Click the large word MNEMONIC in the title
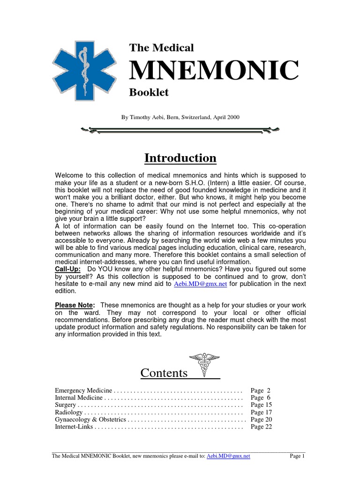click(214, 70)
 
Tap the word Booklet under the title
click(149, 92)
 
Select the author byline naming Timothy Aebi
click(180, 117)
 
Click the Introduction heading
click(180, 158)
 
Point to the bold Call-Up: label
click(68, 269)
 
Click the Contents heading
click(164, 373)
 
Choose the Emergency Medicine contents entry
click(83, 390)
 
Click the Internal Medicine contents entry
click(79, 397)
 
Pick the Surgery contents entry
click(65, 405)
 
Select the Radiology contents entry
click(68, 412)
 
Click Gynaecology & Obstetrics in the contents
click(90, 420)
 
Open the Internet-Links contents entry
click(75, 427)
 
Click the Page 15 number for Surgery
click(261, 405)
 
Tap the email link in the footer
click(228, 456)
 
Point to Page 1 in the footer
click(297, 456)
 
